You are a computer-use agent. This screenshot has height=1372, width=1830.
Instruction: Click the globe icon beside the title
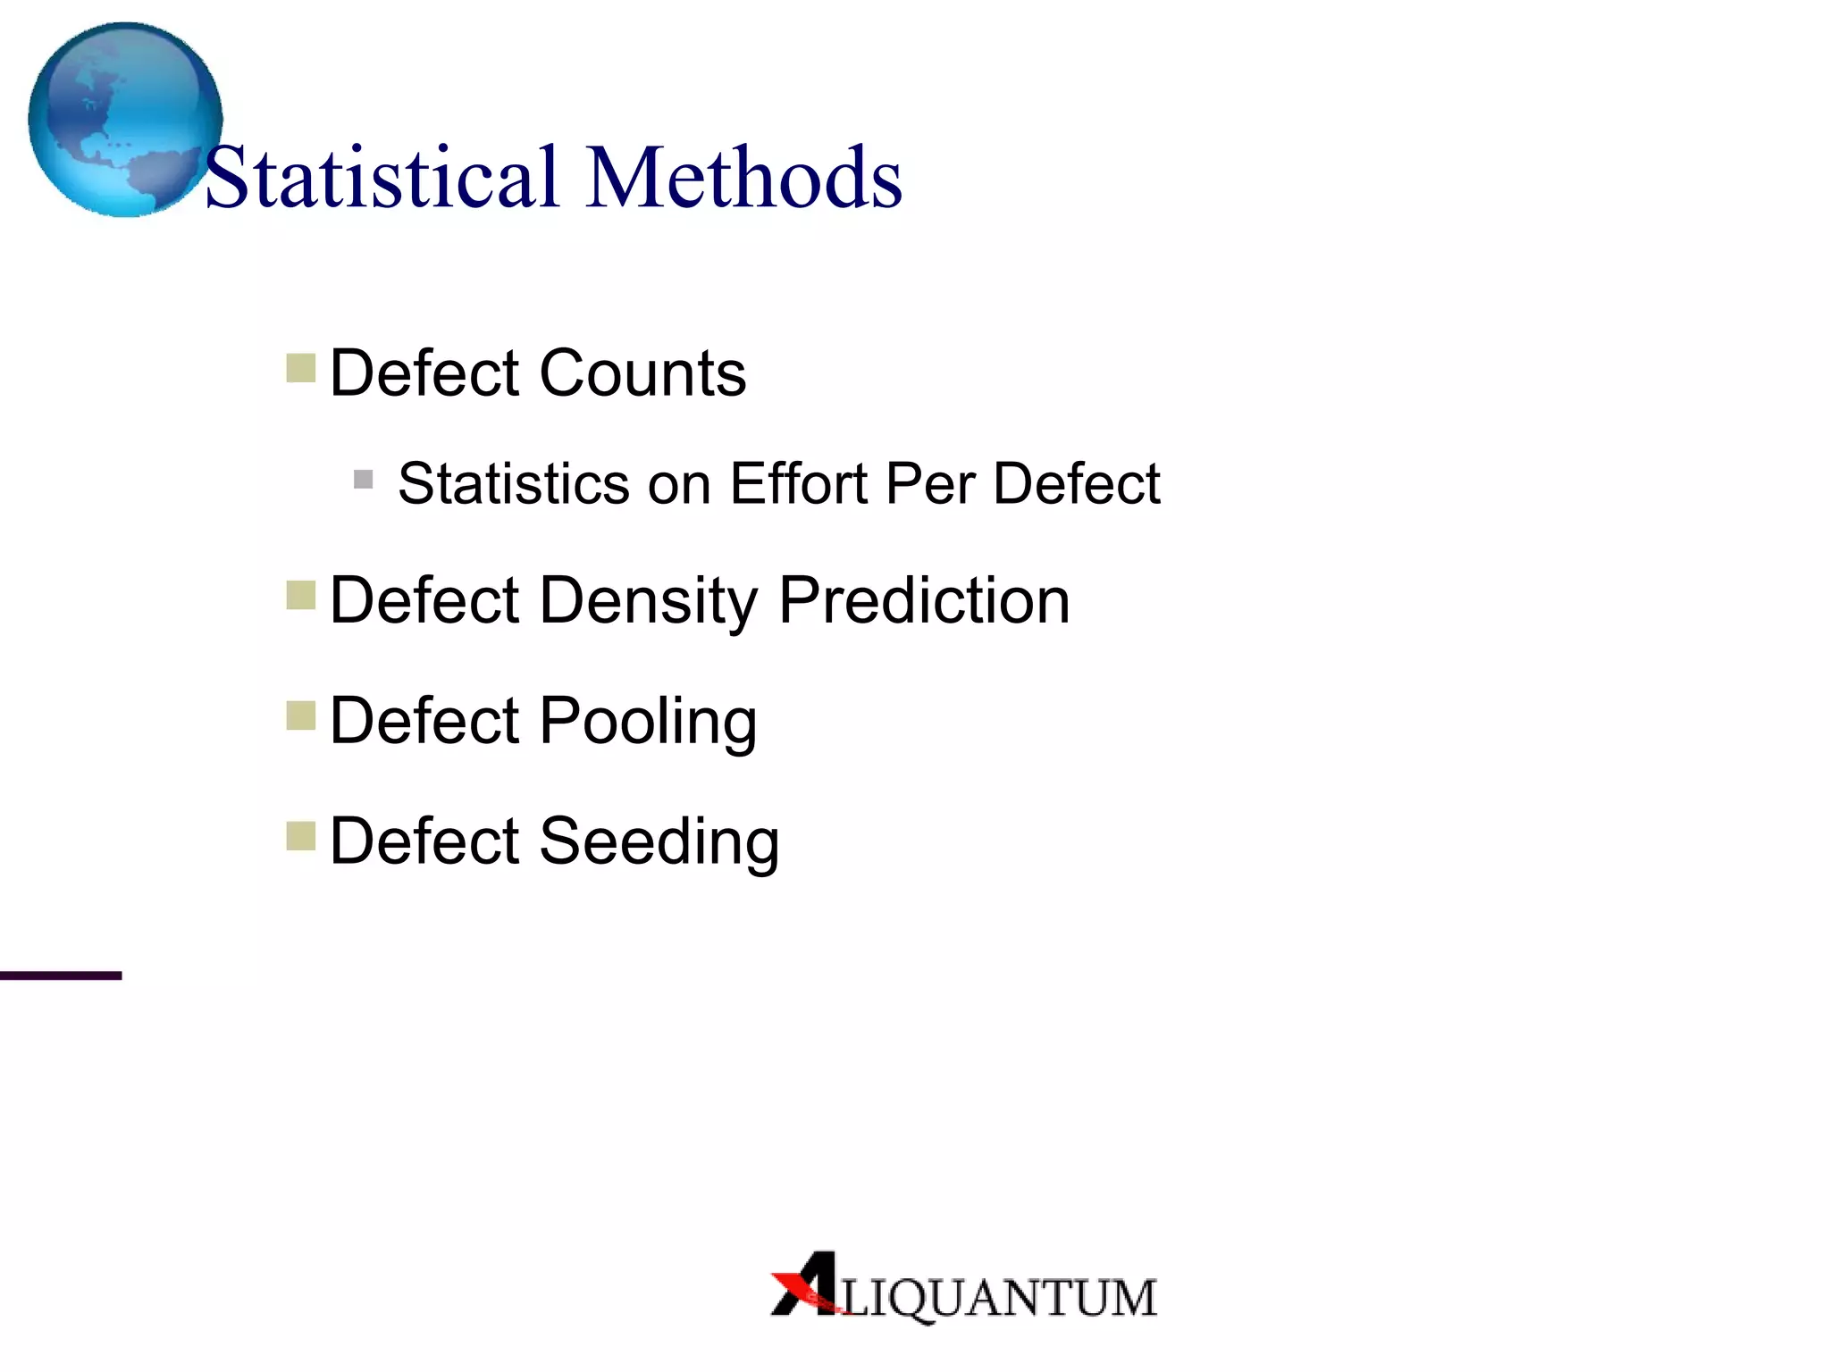[x=124, y=119]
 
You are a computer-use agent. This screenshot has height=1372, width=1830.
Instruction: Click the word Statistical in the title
[x=382, y=178]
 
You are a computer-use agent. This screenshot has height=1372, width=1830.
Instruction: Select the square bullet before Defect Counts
[x=301, y=368]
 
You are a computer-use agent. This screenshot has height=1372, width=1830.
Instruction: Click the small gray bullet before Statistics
[x=363, y=481]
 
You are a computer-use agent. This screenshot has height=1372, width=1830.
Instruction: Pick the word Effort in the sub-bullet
[x=799, y=484]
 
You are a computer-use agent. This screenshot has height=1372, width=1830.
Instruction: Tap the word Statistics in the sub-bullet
[x=514, y=484]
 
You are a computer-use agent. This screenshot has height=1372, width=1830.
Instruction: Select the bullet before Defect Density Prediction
[x=301, y=595]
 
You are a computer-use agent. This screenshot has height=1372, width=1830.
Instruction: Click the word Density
[x=649, y=601]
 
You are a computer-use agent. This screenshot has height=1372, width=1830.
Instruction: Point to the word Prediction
[x=924, y=600]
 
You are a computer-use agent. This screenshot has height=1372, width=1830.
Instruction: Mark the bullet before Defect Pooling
[x=301, y=715]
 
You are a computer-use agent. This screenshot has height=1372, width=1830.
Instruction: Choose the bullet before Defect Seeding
[x=301, y=837]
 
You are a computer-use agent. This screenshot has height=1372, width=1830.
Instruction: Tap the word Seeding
[x=659, y=842]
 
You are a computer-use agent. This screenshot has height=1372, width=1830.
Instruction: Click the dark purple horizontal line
[x=61, y=975]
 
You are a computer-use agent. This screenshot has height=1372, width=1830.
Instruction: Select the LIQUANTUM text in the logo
[x=999, y=1299]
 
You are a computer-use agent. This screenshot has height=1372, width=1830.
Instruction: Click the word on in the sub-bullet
[x=678, y=484]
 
